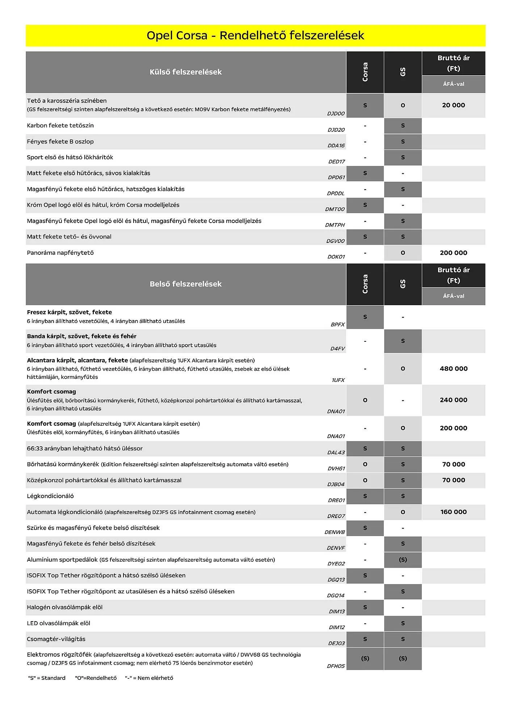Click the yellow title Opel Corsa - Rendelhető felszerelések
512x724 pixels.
pyautogui.click(x=255, y=35)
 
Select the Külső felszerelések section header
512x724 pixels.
pyautogui.click(x=185, y=72)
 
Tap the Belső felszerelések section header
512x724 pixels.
pyautogui.click(x=185, y=284)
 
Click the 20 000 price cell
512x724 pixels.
pyautogui.click(x=453, y=105)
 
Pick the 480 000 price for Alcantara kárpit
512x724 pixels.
pyautogui.click(x=453, y=369)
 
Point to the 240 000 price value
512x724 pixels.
pyautogui.click(x=453, y=400)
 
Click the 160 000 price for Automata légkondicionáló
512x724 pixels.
pyautogui.click(x=453, y=512)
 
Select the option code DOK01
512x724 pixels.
pyautogui.click(x=336, y=257)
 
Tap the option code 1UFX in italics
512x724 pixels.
pyautogui.click(x=338, y=380)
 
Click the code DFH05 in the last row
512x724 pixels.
pyautogui.click(x=336, y=666)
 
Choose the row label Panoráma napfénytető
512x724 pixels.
pyautogui.click(x=60, y=253)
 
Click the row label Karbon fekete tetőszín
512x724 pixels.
pyautogui.click(x=60, y=126)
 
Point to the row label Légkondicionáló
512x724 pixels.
pyautogui.click(x=50, y=496)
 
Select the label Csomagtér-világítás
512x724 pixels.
pyautogui.click(x=56, y=639)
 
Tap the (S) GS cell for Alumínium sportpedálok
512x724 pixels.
pyautogui.click(x=403, y=560)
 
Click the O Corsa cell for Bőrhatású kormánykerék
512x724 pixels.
pyautogui.click(x=365, y=464)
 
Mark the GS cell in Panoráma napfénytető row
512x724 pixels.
pyautogui.click(x=403, y=253)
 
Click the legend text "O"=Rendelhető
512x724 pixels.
pyautogui.click(x=96, y=678)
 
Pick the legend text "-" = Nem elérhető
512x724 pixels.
pyautogui.click(x=149, y=678)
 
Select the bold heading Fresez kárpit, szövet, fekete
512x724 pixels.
pyautogui.click(x=69, y=312)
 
